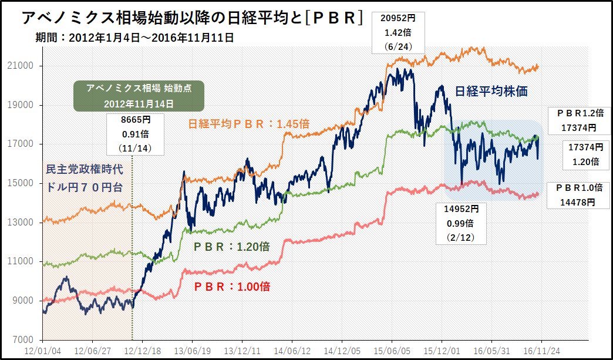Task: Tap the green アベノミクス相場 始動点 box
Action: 139,96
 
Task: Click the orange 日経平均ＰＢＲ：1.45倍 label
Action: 249,125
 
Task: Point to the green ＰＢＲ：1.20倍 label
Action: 231,247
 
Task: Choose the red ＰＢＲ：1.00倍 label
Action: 232,287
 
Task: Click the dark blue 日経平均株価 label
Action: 492,91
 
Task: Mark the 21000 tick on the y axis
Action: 24,66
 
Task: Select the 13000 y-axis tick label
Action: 24,223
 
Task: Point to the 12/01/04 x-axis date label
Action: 42,350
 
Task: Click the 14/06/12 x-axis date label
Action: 292,350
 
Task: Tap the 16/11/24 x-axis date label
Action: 541,350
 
